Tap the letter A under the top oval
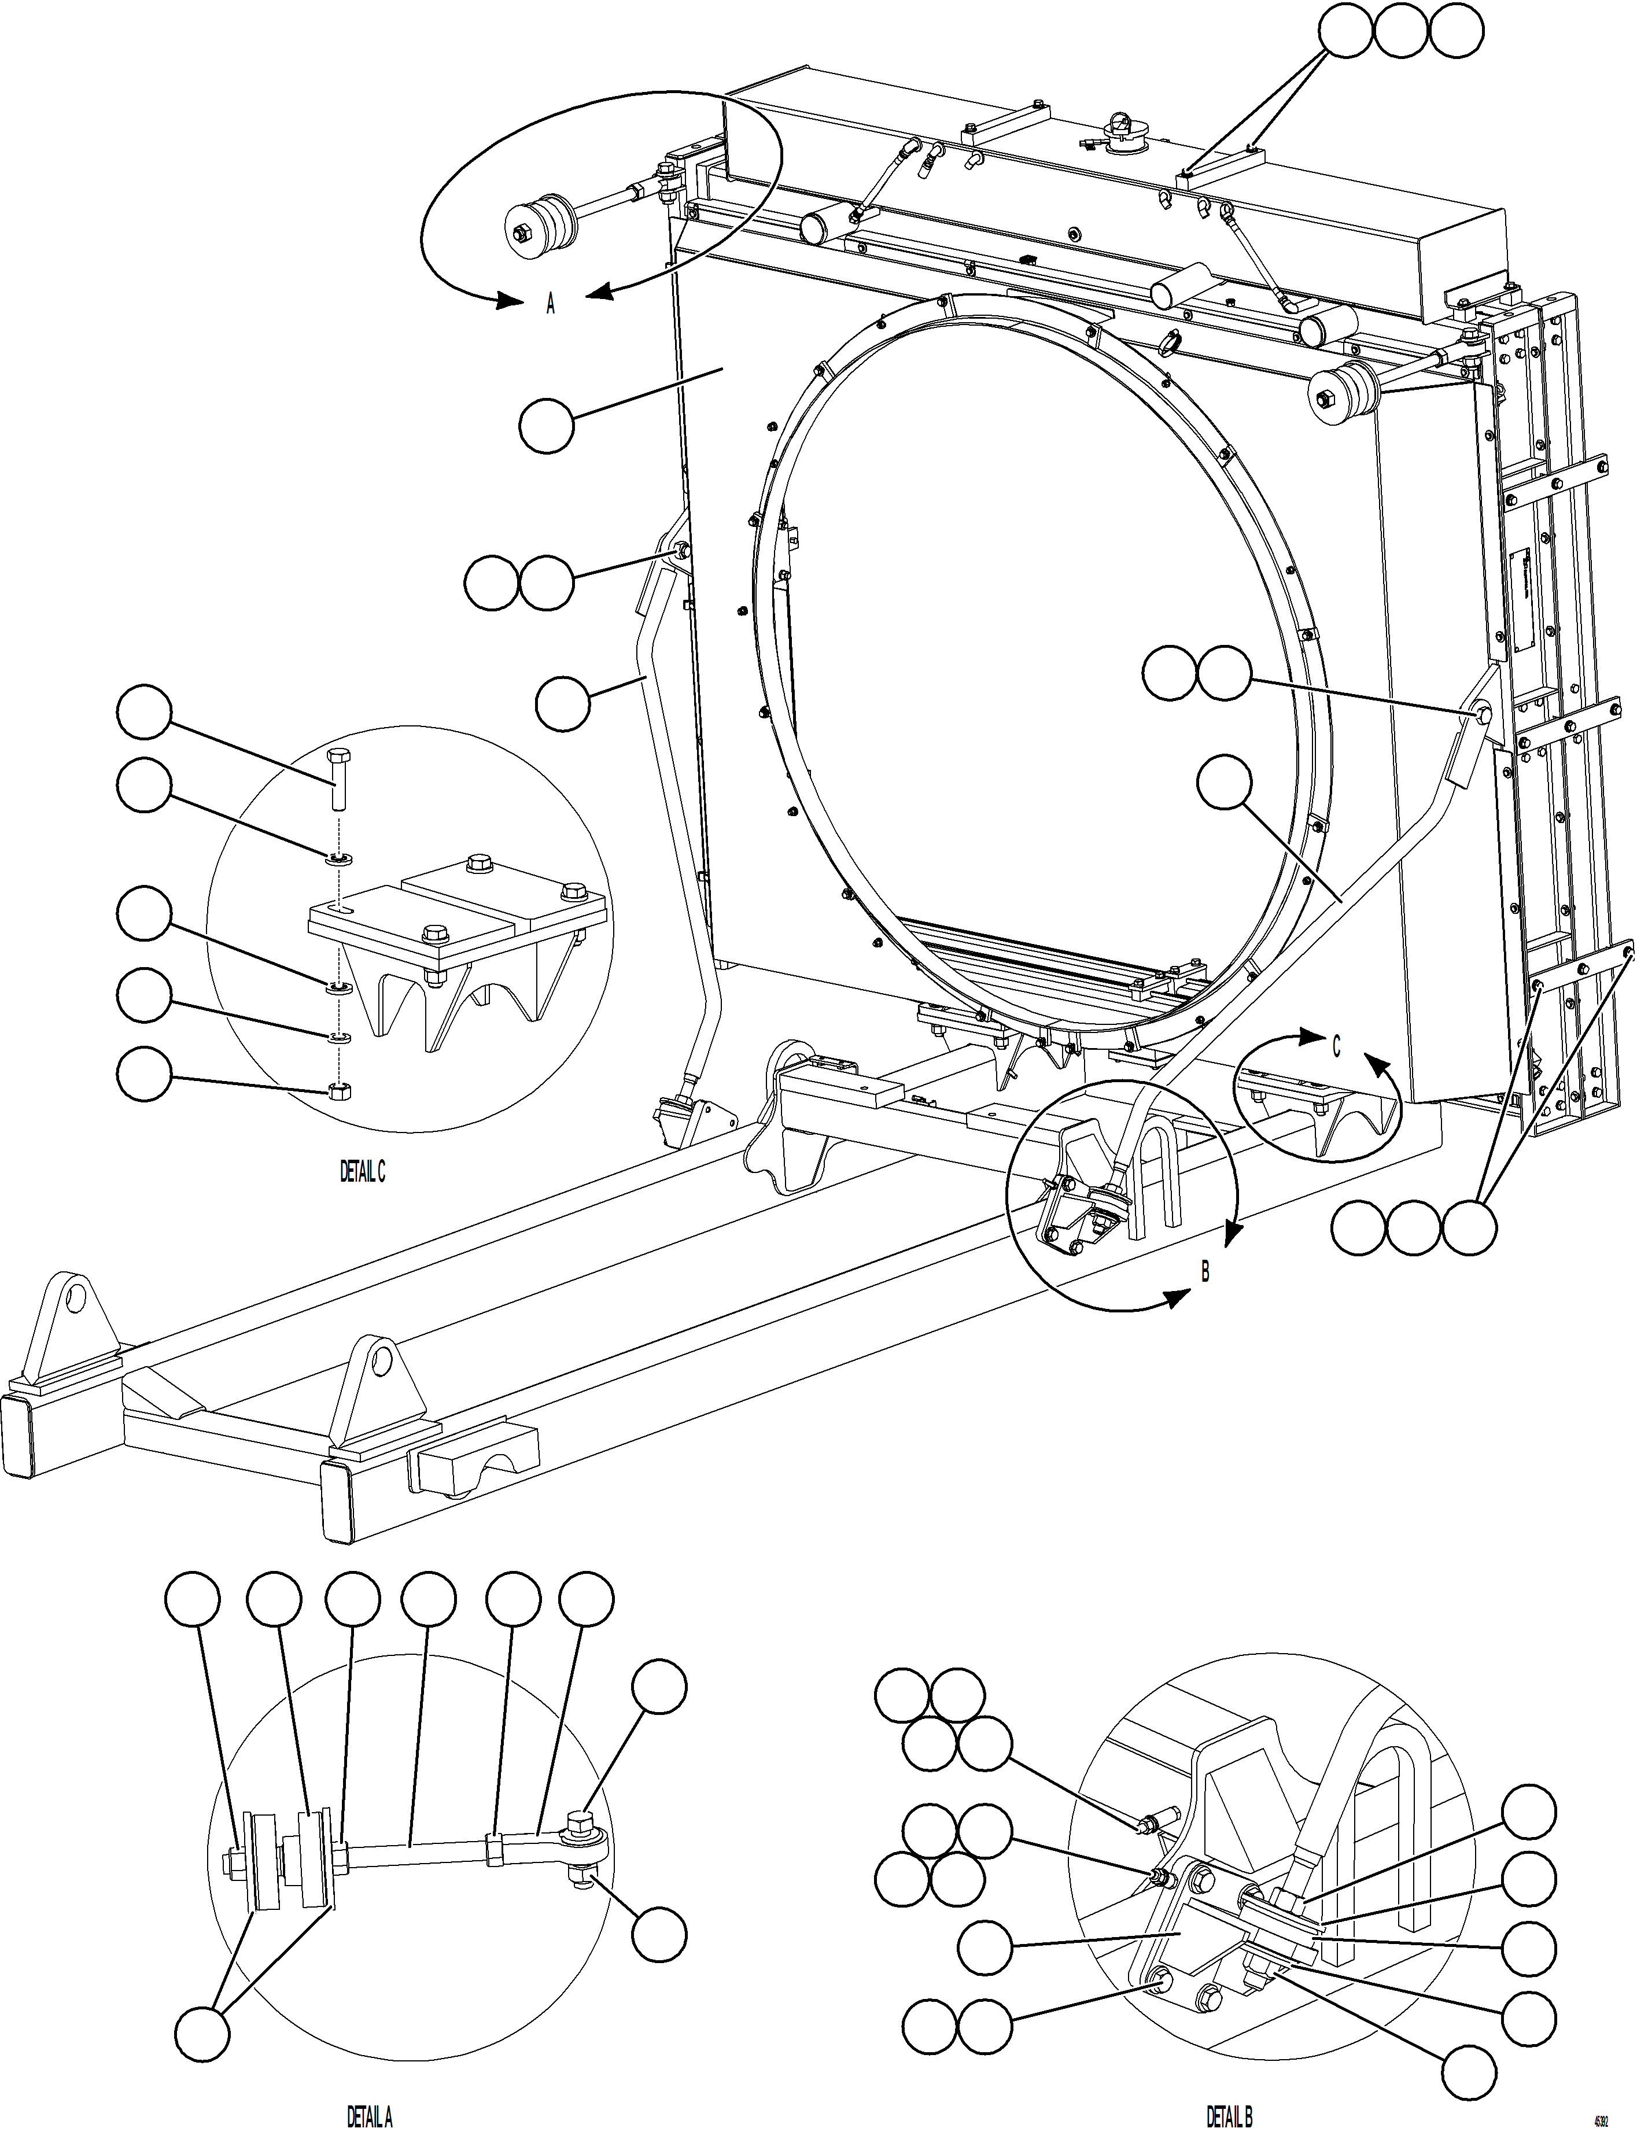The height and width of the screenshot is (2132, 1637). (551, 305)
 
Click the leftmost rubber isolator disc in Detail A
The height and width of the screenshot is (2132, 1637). (261, 1862)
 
